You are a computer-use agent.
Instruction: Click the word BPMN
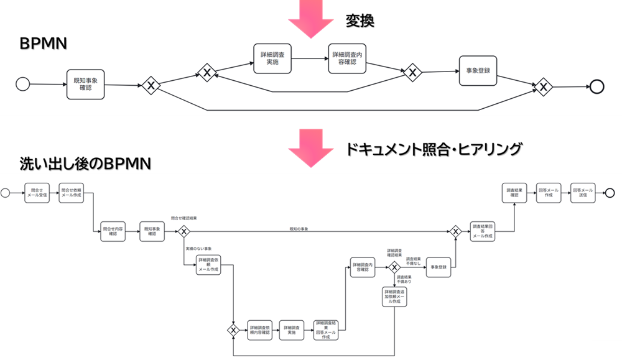(x=43, y=45)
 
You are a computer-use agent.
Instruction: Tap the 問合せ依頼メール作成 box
(x=72, y=193)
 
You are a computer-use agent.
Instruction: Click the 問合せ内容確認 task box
(x=113, y=231)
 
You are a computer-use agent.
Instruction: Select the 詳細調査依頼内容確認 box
(x=260, y=330)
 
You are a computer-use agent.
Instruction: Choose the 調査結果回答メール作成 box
(x=483, y=231)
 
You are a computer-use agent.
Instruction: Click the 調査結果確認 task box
(x=514, y=193)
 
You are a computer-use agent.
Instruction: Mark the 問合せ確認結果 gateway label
(x=185, y=219)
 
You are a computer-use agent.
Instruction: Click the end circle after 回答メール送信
(x=610, y=193)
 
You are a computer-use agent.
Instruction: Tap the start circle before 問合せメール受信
(x=6, y=193)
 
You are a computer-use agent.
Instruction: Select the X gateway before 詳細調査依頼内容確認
(x=233, y=330)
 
